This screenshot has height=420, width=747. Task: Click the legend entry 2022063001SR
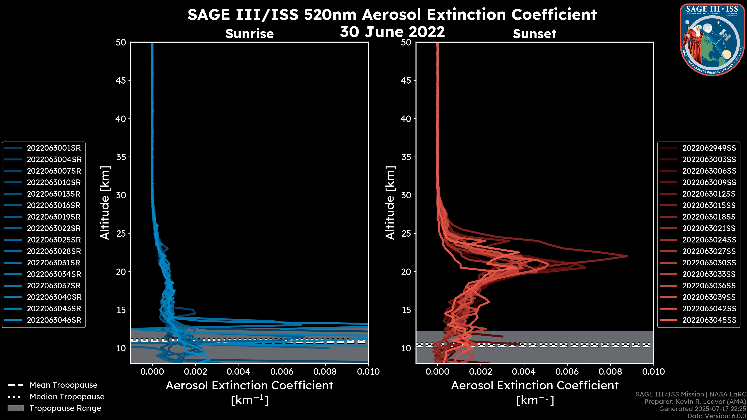pyautogui.click(x=54, y=148)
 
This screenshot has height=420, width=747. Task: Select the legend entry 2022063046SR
pyautogui.click(x=54, y=320)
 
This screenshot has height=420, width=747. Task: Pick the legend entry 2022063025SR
pyautogui.click(x=54, y=240)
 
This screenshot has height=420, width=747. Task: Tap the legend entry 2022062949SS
pyautogui.click(x=709, y=148)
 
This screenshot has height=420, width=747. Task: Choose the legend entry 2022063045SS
pyautogui.click(x=709, y=320)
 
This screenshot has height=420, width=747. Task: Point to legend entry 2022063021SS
pyautogui.click(x=709, y=228)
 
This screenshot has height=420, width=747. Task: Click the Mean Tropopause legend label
pyautogui.click(x=63, y=385)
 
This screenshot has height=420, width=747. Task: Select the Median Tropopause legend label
pyautogui.click(x=67, y=397)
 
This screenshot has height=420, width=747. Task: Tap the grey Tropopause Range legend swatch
pyautogui.click(x=16, y=408)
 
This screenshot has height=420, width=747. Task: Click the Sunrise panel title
pyautogui.click(x=249, y=34)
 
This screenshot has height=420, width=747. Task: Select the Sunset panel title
pyautogui.click(x=534, y=34)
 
